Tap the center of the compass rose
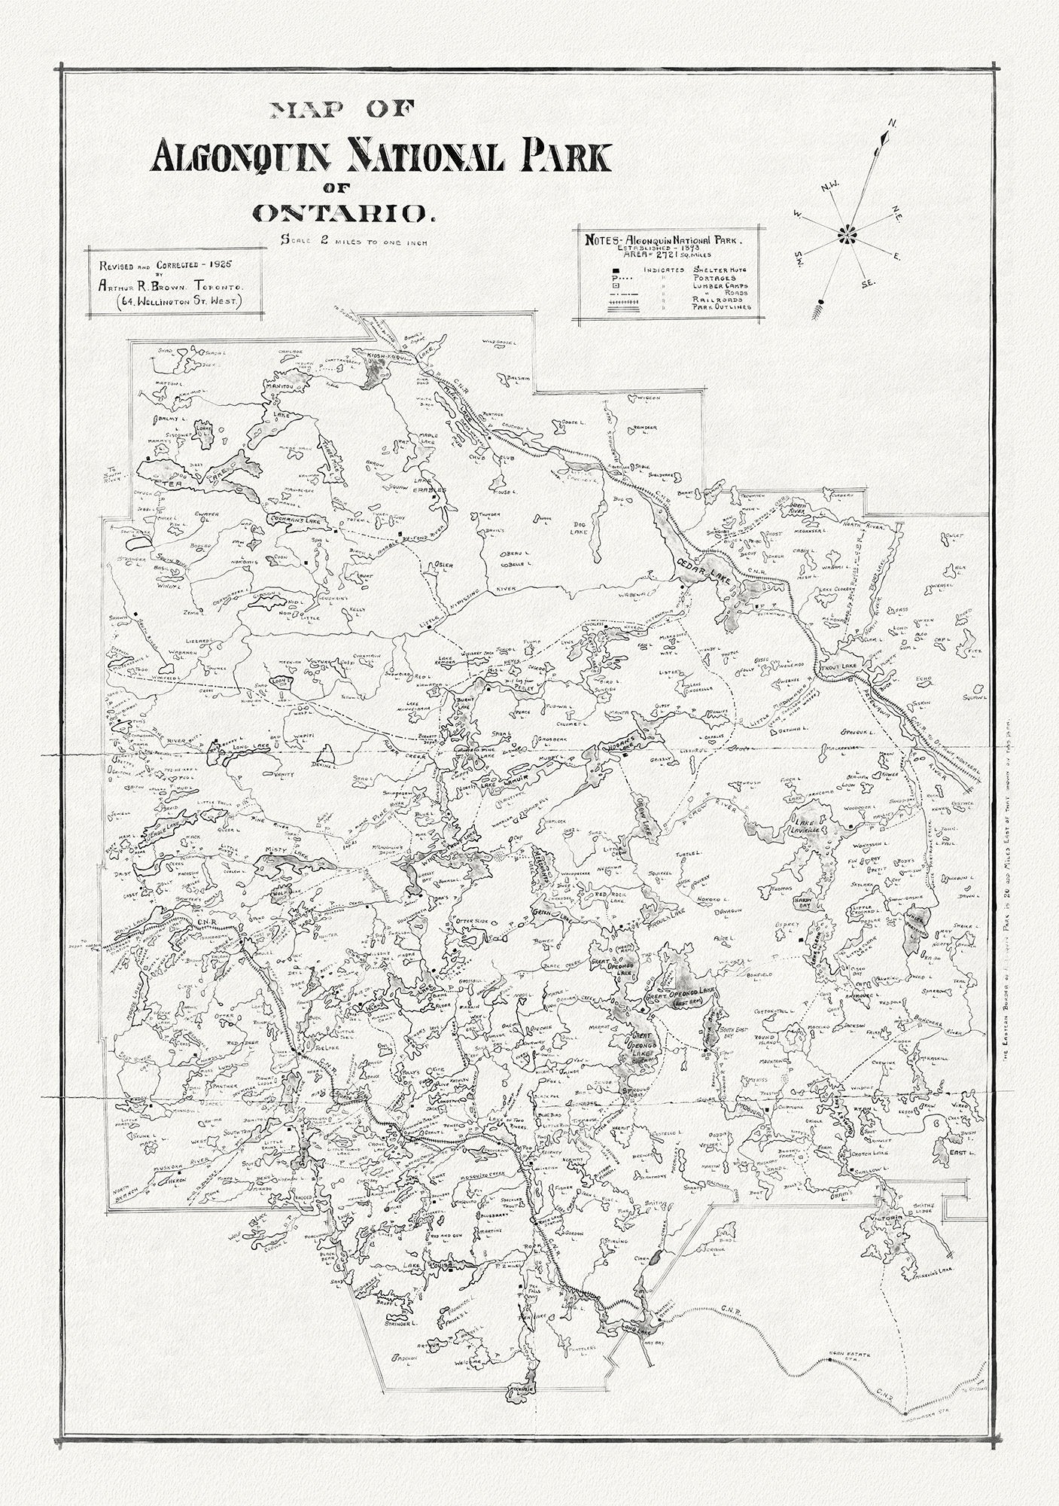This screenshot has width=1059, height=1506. (x=848, y=236)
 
